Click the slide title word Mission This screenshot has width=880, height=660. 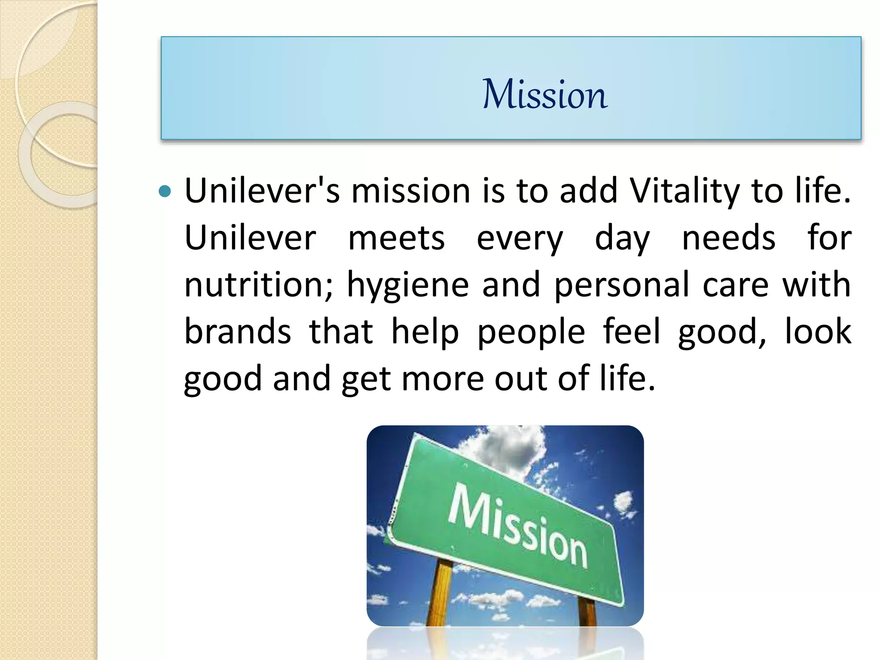[x=545, y=94]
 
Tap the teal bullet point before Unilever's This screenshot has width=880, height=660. [x=165, y=191]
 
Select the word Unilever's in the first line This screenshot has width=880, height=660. [x=262, y=191]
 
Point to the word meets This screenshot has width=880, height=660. [x=396, y=238]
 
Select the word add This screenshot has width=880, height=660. [x=588, y=191]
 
